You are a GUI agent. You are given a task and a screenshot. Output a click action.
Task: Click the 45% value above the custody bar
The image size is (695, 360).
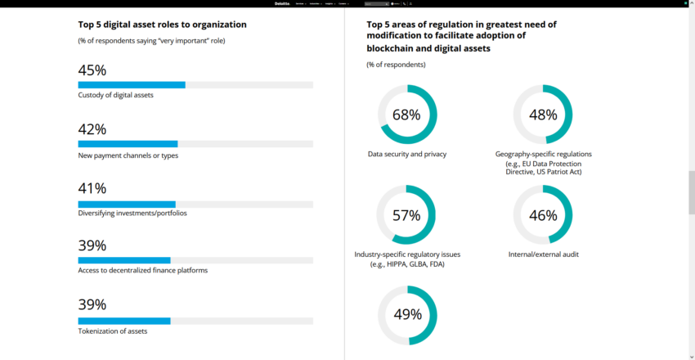(x=92, y=70)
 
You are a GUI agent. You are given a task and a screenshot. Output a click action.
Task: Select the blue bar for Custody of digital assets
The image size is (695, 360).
(x=132, y=84)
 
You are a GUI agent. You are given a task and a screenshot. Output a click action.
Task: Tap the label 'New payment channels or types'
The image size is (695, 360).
(x=128, y=155)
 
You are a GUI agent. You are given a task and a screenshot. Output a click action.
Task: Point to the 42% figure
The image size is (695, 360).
(x=92, y=129)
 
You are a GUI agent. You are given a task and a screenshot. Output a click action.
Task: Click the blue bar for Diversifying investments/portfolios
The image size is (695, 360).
(x=127, y=205)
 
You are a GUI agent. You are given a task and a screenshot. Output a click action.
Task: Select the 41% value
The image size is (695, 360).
(x=92, y=188)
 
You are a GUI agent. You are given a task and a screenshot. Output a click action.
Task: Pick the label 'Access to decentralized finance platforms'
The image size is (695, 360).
(x=143, y=270)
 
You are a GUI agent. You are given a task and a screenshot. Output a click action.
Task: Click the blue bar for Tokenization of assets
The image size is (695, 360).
(x=124, y=321)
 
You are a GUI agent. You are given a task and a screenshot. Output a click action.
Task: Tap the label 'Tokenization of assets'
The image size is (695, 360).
(x=113, y=331)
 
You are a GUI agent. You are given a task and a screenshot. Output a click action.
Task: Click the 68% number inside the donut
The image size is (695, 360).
(x=406, y=115)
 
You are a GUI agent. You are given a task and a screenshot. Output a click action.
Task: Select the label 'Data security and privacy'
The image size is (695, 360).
(x=407, y=154)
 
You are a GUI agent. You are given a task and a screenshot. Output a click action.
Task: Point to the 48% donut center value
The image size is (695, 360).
(x=543, y=115)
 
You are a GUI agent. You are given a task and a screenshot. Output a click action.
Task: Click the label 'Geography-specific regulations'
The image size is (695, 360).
(x=543, y=154)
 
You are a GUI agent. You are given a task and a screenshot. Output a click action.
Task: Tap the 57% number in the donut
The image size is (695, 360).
(x=406, y=216)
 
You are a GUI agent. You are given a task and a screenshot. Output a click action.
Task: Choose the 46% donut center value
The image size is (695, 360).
(x=543, y=216)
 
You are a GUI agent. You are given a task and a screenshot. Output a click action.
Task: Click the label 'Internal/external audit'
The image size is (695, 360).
(x=543, y=254)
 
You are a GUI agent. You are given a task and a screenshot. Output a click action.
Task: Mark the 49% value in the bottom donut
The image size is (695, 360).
(x=406, y=314)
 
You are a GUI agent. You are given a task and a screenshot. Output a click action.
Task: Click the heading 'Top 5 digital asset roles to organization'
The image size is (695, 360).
(x=163, y=25)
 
